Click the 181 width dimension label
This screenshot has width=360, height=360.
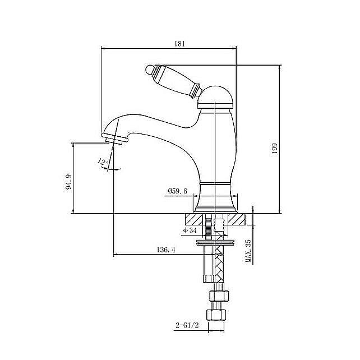[179, 44]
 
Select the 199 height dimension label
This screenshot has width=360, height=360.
[275, 149]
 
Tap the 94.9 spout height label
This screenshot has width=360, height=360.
[68, 182]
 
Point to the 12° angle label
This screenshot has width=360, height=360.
[103, 161]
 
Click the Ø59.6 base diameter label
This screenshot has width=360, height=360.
[177, 191]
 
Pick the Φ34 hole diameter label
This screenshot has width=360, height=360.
[190, 230]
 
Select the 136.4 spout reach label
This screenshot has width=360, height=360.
[166, 250]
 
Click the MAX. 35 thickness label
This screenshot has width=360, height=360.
[248, 251]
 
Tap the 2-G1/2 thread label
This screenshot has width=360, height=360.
[187, 325]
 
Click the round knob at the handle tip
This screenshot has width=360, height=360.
[150, 70]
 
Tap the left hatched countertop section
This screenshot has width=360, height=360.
[194, 219]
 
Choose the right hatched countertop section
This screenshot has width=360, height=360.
[237, 219]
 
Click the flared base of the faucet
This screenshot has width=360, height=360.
[215, 199]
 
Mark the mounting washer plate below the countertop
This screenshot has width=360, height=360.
[215, 242]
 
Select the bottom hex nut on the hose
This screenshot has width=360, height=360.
[216, 315]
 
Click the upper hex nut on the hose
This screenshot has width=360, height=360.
[219, 296]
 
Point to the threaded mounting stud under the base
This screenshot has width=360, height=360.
[209, 227]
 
